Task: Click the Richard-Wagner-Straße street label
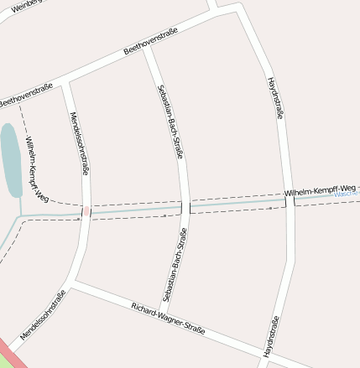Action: (x=168, y=319)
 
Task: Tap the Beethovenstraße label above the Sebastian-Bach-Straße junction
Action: (x=151, y=42)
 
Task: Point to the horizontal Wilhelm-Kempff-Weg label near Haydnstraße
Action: (x=321, y=193)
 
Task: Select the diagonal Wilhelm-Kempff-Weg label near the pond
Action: (x=37, y=170)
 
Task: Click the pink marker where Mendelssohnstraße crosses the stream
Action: (x=86, y=211)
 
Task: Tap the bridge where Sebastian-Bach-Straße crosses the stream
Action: (x=185, y=207)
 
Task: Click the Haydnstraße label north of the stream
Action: (x=274, y=99)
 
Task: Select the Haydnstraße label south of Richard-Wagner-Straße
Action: (x=270, y=336)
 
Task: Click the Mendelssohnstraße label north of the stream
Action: (x=80, y=143)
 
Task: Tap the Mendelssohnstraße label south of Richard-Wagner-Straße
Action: (x=43, y=315)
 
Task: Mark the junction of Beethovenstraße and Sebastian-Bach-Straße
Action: (x=144, y=48)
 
